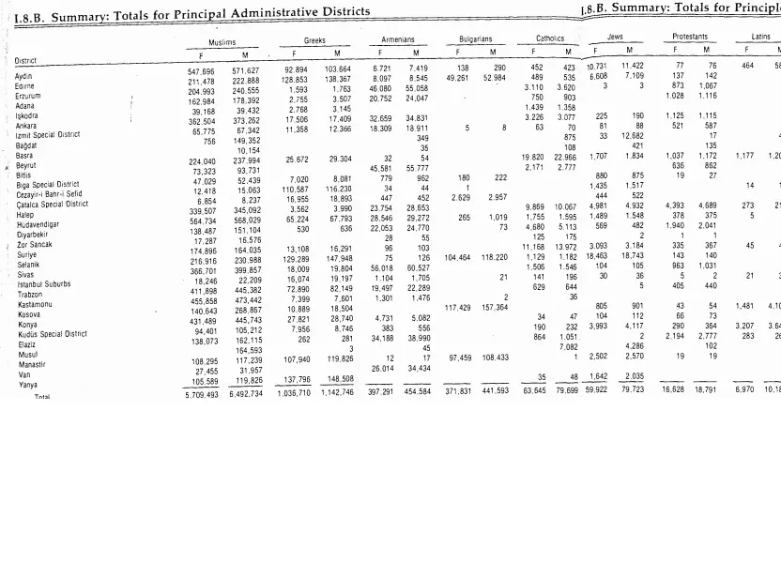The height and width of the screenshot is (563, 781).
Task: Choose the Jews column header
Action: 616,37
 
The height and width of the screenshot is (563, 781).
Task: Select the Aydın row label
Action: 24,76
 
